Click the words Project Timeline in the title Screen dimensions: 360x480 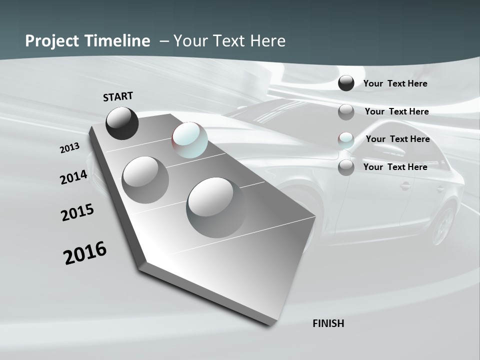pyautogui.click(x=87, y=41)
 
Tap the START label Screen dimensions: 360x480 pyautogui.click(x=118, y=96)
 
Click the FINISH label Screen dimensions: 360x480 pyautogui.click(x=328, y=323)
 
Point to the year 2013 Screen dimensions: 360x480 pyautogui.click(x=70, y=148)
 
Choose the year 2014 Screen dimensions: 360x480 pyautogui.click(x=74, y=177)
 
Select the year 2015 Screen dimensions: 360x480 pyautogui.click(x=77, y=212)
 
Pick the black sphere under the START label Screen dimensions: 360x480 pyautogui.click(x=122, y=123)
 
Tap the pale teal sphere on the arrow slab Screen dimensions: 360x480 pyautogui.click(x=189, y=140)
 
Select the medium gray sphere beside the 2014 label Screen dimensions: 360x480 pyautogui.click(x=145, y=180)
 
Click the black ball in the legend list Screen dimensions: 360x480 pyautogui.click(x=346, y=83)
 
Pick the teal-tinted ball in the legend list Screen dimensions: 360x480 pyautogui.click(x=346, y=140)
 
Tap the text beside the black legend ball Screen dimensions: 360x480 pyautogui.click(x=395, y=83)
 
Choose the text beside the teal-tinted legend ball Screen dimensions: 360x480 pyautogui.click(x=398, y=139)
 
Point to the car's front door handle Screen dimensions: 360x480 pyautogui.click(x=406, y=186)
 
